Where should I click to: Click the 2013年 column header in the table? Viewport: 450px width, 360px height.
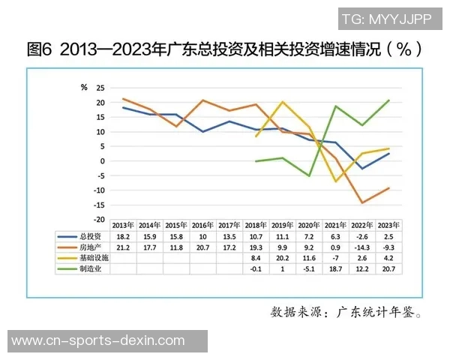(x=123, y=225)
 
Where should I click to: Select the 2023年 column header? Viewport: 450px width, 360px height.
(x=388, y=225)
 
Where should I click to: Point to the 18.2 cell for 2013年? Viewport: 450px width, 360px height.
(x=123, y=235)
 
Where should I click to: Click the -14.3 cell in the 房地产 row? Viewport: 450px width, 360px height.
(x=361, y=246)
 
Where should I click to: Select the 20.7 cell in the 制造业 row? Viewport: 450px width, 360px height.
(x=388, y=268)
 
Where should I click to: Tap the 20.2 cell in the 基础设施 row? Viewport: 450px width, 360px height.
(x=282, y=256)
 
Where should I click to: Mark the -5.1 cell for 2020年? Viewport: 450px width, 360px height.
(x=308, y=268)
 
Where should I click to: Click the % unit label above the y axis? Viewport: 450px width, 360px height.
(x=84, y=86)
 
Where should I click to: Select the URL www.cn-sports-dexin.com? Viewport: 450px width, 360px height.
(x=99, y=340)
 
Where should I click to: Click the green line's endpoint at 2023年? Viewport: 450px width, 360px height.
(x=388, y=100)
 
